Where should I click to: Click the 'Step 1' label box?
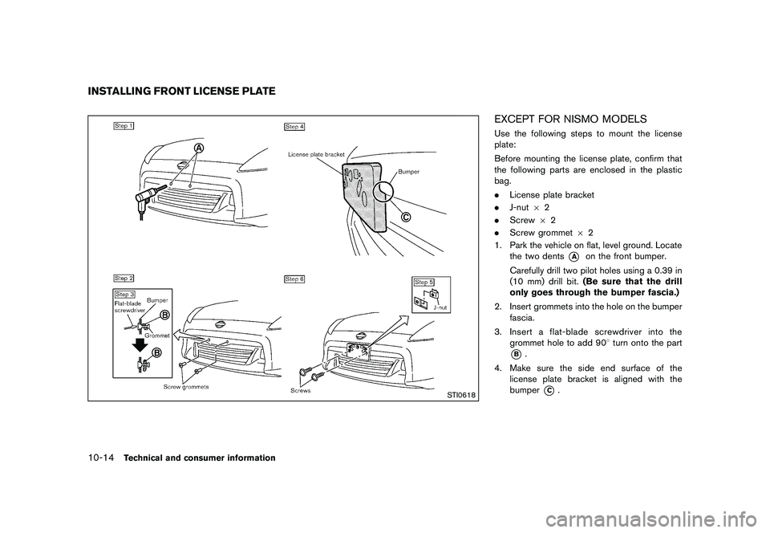pyautogui.click(x=124, y=126)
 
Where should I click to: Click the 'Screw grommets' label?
pyautogui.click(x=186, y=387)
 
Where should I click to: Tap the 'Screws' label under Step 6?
pyautogui.click(x=302, y=392)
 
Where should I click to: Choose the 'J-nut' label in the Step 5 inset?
pyautogui.click(x=440, y=307)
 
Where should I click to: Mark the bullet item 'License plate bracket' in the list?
pyautogui.click(x=554, y=194)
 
